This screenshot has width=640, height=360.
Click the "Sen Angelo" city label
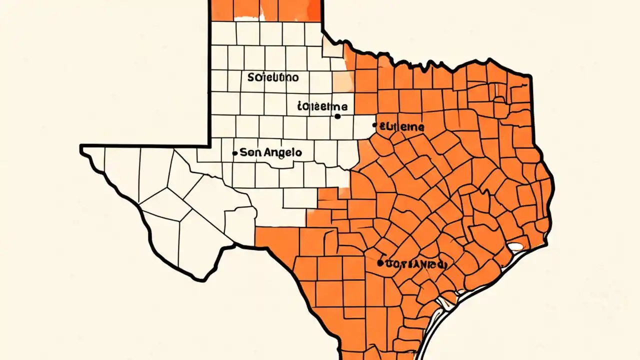[x=270, y=152]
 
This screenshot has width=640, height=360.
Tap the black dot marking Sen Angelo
[x=235, y=153]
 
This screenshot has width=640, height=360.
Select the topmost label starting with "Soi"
[x=273, y=77]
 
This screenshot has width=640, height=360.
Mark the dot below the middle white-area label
[x=337, y=116]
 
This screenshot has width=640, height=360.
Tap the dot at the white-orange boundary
[x=375, y=125]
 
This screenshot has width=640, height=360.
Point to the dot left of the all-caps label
[x=380, y=262]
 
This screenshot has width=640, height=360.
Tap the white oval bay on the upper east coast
[x=515, y=246]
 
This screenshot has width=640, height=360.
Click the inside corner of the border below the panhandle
[x=209, y=145]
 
